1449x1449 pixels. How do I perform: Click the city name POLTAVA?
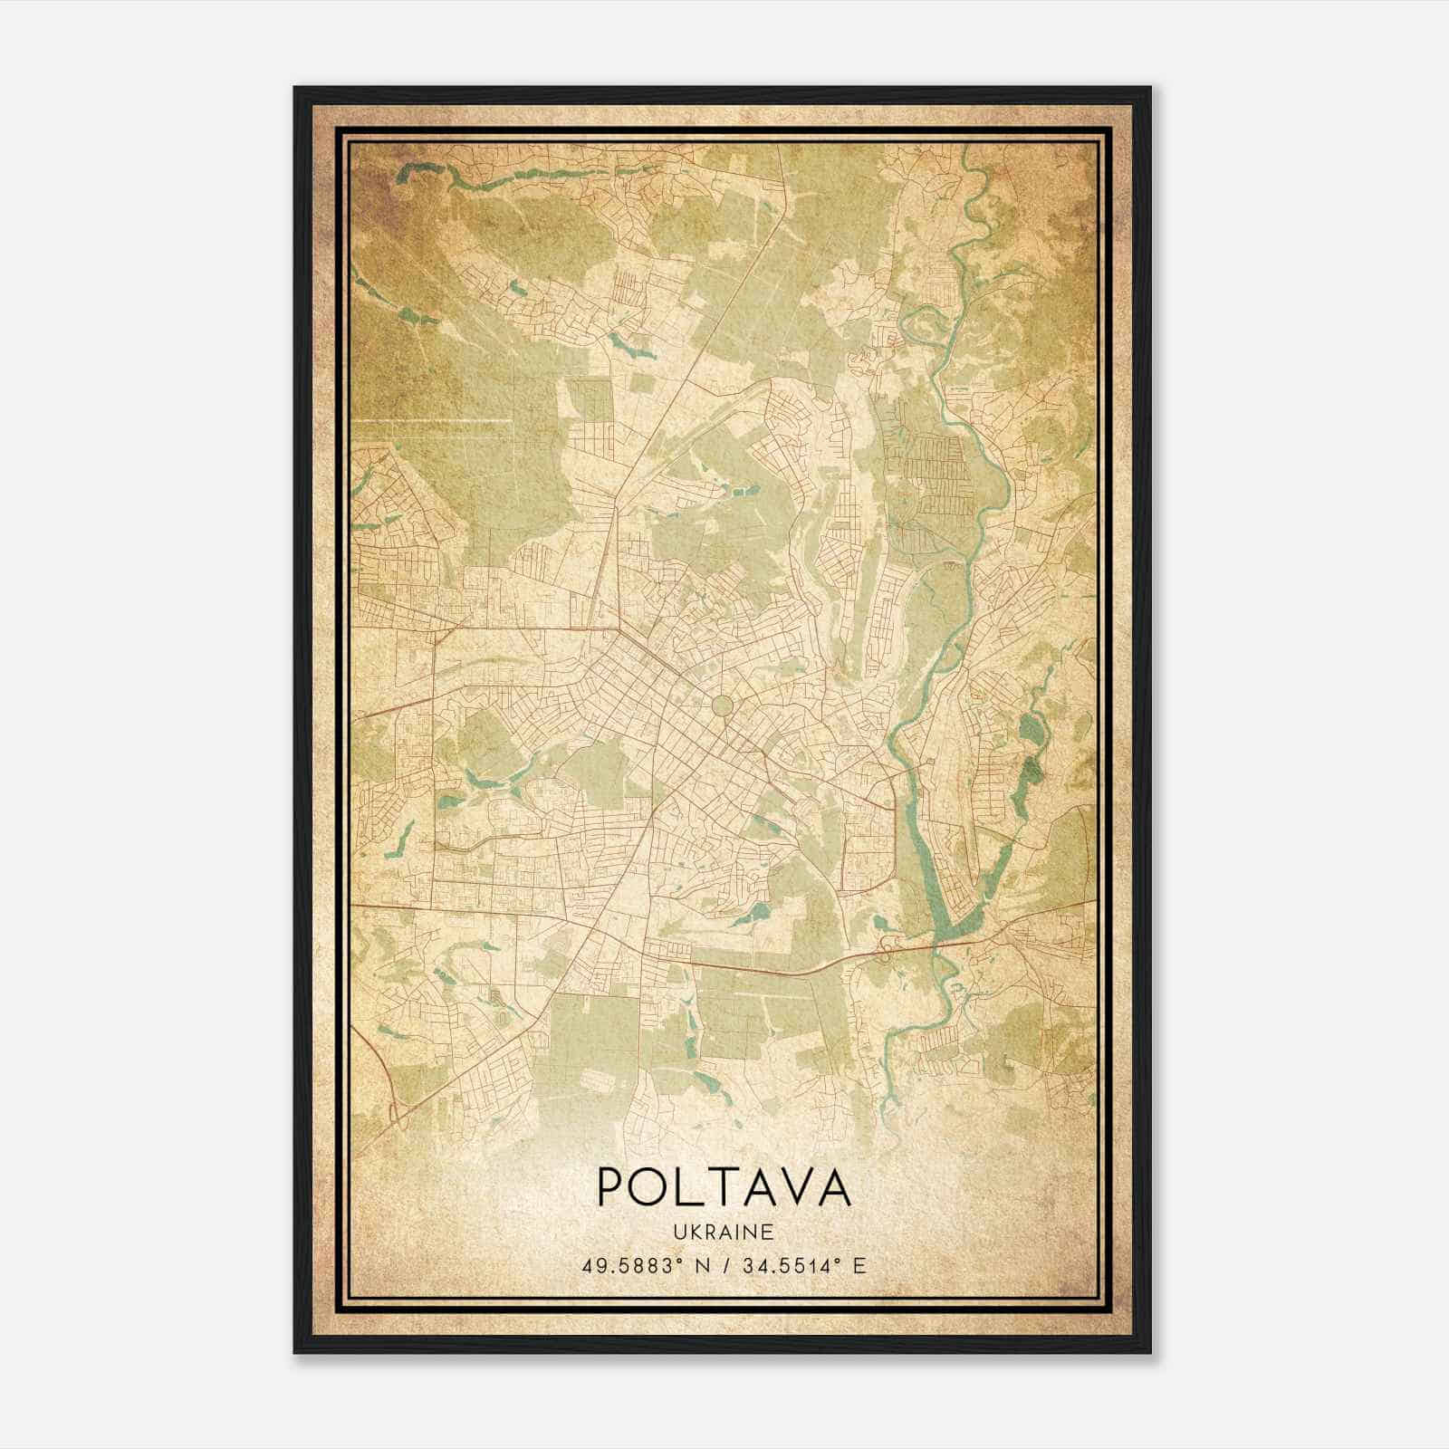click(x=724, y=1186)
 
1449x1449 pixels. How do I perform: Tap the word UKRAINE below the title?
click(x=724, y=1233)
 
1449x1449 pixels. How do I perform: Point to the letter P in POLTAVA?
click(x=609, y=1186)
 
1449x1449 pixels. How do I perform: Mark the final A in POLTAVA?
click(x=835, y=1186)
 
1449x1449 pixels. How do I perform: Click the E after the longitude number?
click(x=859, y=1265)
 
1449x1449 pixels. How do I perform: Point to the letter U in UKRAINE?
click(x=678, y=1233)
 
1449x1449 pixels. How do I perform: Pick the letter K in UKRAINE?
click(x=693, y=1233)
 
